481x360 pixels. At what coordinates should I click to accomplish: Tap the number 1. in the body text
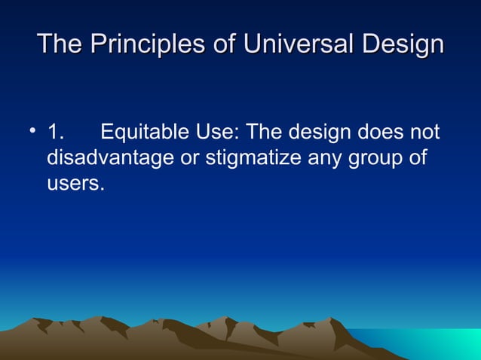[x=56, y=134]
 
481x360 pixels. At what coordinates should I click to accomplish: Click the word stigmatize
[x=253, y=159]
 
